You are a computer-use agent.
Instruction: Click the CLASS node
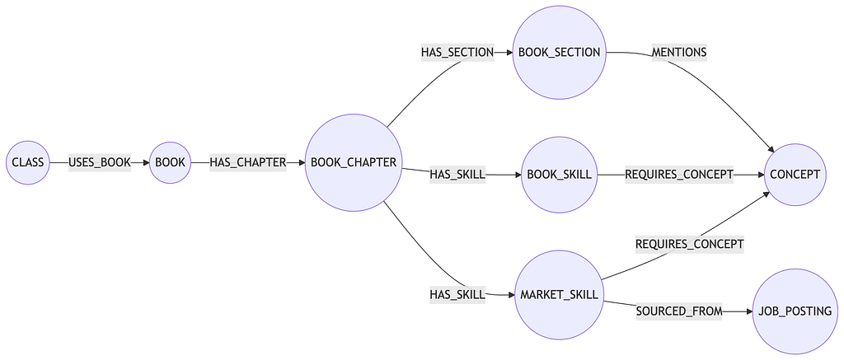(x=28, y=162)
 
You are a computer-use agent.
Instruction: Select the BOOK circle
(x=171, y=162)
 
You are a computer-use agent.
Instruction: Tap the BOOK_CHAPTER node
(x=354, y=162)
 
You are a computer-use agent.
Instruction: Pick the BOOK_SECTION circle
(x=559, y=53)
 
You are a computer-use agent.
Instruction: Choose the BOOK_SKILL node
(x=559, y=174)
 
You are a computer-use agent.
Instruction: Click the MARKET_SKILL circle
(x=559, y=295)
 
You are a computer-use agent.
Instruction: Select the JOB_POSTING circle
(x=794, y=311)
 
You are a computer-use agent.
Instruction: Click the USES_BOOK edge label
(x=100, y=162)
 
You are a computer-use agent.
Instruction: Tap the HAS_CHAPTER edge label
(x=247, y=162)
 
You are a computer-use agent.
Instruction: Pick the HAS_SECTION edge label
(x=457, y=53)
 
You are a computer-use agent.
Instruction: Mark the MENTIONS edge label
(x=678, y=53)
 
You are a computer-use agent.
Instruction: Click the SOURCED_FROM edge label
(x=678, y=311)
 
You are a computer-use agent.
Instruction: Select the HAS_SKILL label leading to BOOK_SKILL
(x=457, y=174)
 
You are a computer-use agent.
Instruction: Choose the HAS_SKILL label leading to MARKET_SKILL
(x=457, y=294)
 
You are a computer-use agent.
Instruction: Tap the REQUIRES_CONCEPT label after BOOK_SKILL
(x=678, y=174)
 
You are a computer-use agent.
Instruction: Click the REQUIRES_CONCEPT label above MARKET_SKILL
(x=689, y=244)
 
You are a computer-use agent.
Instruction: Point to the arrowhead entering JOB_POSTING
(x=748, y=311)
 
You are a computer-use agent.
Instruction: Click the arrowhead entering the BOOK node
(x=146, y=162)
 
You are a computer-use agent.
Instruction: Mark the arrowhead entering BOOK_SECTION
(x=508, y=53)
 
